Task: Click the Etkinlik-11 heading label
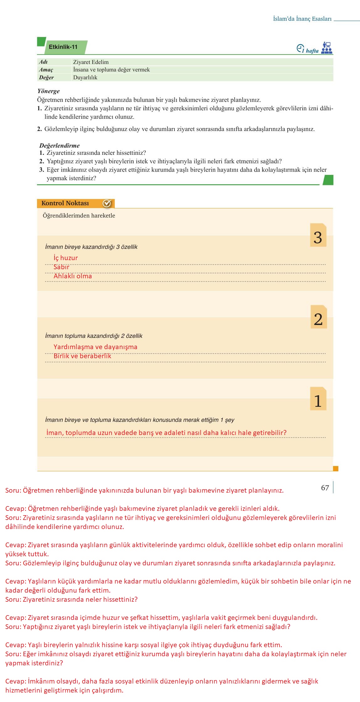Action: pos(63,47)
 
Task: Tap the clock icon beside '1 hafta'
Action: pos(300,48)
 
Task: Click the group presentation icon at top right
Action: pos(327,48)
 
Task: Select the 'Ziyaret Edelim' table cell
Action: pos(91,62)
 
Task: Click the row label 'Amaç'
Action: pos(46,70)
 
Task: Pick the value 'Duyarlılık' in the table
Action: pos(85,77)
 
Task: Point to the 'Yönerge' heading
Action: pos(48,91)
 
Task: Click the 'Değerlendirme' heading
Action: pos(59,145)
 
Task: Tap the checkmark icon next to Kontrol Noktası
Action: pos(107,203)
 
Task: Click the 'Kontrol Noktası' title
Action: pos(65,203)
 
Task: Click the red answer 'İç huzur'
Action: pos(66,258)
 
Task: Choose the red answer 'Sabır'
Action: pos(61,267)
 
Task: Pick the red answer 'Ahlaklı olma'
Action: pos(73,276)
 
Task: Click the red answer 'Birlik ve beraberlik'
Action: pos(82,356)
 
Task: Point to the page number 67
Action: pos(325,488)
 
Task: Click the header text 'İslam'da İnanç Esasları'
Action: pos(302,19)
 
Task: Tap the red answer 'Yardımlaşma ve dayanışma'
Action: pos(95,347)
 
